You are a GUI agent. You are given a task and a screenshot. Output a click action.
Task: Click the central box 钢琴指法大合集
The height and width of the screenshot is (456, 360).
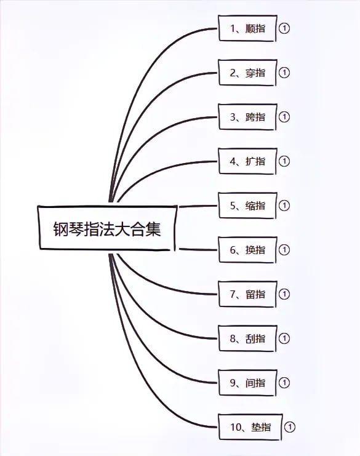tap(107, 228)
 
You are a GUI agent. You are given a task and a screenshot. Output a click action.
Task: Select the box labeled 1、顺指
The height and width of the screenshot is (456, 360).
tap(247, 28)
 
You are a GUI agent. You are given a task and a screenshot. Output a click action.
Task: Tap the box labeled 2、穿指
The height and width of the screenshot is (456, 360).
tap(247, 73)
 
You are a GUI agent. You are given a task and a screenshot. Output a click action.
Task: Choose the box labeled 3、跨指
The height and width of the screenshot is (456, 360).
tap(247, 117)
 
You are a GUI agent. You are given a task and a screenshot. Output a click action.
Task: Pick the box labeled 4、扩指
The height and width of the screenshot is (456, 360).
tap(247, 161)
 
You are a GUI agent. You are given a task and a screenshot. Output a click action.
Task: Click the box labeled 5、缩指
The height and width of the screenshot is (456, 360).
tap(247, 206)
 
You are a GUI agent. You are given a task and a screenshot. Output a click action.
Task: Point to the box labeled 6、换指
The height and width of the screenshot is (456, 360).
tap(247, 250)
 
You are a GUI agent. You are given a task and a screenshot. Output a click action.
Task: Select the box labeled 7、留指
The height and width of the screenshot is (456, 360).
tap(247, 294)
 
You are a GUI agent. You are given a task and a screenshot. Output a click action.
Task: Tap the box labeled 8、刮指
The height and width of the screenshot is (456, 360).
tap(247, 338)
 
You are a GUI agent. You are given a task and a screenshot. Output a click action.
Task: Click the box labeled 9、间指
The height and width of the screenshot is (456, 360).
tap(247, 383)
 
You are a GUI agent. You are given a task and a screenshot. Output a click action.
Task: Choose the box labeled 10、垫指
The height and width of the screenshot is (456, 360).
tap(250, 427)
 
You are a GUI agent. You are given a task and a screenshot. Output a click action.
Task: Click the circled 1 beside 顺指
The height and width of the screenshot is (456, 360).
tap(284, 28)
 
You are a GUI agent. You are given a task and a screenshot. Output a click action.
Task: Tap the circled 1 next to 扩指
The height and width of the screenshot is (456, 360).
tap(284, 161)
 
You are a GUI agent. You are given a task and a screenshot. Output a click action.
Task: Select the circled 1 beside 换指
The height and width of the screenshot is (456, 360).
tap(284, 250)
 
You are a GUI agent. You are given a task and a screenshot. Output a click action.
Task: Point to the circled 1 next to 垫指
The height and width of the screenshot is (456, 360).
tap(290, 427)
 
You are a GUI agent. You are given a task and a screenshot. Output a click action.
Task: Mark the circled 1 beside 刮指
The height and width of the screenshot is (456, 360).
tap(284, 338)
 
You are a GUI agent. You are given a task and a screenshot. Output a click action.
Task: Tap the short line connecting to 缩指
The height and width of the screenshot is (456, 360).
tap(198, 206)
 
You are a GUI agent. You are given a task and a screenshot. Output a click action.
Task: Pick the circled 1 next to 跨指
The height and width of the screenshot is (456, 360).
tap(284, 117)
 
